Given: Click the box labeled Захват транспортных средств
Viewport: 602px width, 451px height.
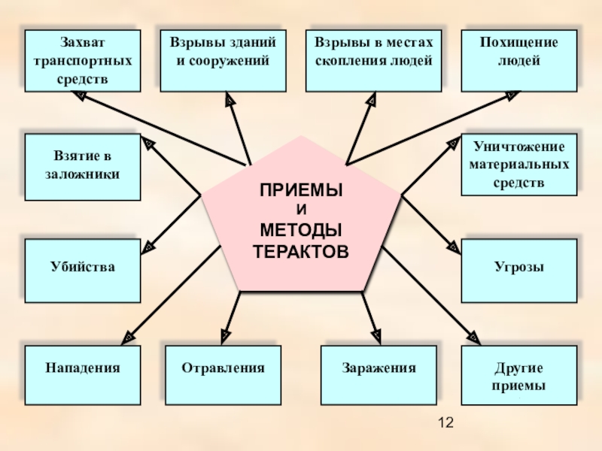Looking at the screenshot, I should coord(82,61).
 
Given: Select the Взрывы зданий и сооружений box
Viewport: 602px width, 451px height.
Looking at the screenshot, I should coord(222,61).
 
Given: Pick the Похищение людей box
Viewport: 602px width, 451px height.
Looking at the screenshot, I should coord(519,61).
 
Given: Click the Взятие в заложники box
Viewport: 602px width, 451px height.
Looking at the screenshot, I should coord(82,167).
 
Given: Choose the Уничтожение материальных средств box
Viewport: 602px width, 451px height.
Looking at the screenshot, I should coord(519,163).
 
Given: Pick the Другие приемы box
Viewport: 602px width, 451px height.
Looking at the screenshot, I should coord(519,376).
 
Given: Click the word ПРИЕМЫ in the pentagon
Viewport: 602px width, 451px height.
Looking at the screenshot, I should coord(301,191).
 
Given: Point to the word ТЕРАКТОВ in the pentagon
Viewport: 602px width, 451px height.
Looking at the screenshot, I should coord(301,250).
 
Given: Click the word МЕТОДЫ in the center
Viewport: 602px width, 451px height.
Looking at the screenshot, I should coord(301,229).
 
